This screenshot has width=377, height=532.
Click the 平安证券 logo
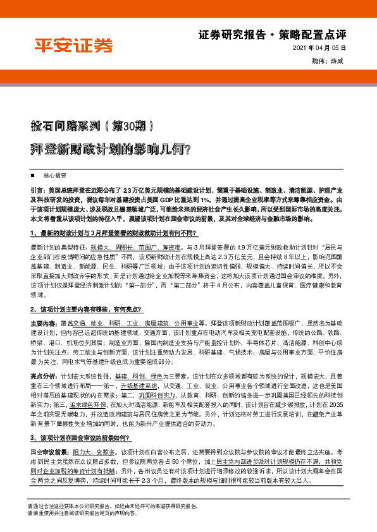click(73, 45)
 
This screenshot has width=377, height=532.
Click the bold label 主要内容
click(42, 323)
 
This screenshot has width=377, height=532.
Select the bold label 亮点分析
click(42, 375)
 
